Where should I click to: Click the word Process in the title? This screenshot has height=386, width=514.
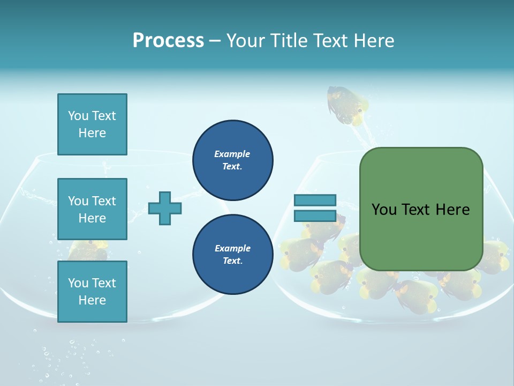168,41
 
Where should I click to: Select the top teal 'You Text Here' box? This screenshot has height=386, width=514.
92,124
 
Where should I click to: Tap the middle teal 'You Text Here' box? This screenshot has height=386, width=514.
92,209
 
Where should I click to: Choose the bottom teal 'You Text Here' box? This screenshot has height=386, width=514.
92,292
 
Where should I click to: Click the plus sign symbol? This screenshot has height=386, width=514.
165,208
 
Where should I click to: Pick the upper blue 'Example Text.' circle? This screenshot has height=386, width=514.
232,160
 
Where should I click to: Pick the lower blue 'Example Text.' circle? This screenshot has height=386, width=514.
232,255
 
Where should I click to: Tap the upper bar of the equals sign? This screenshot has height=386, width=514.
315,201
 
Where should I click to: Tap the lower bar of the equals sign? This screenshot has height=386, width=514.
315,216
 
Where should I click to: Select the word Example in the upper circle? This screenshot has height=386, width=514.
232,154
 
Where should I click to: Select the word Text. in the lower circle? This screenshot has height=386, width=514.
232,261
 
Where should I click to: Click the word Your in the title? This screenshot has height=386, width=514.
245,41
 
